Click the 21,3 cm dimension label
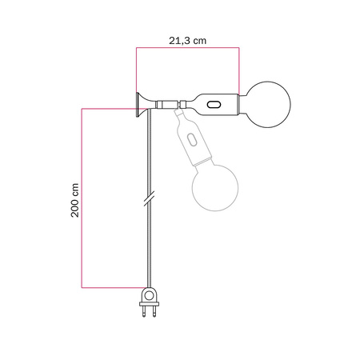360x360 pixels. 187,37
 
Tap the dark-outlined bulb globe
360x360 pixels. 267,105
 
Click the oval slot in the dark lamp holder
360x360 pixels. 214,105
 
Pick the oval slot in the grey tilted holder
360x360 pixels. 192,140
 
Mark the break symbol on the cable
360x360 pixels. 148,195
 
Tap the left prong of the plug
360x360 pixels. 146,314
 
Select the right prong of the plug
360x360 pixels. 154,314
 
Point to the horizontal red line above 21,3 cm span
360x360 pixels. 187,50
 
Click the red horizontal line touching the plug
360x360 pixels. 112,286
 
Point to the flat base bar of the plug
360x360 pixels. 150,305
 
